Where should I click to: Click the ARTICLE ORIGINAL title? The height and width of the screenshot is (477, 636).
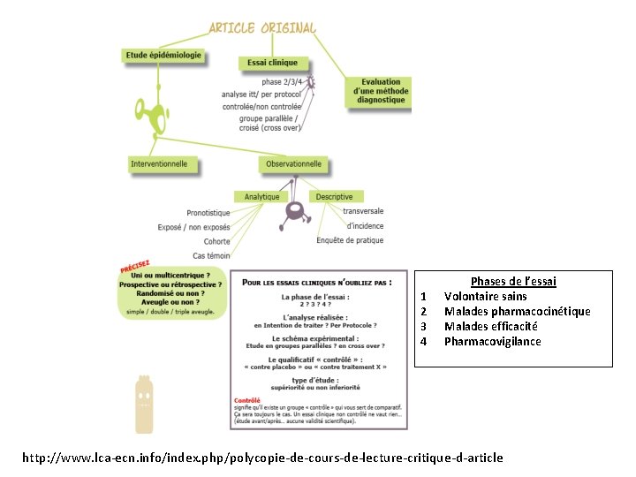point(261,27)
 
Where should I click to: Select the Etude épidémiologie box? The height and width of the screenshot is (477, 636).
point(163,55)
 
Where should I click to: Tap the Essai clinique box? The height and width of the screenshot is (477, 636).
point(274,63)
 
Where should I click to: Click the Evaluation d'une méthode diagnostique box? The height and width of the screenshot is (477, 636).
point(381,91)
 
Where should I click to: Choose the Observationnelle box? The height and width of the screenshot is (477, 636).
point(294,163)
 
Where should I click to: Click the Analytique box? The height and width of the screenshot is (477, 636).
point(261,196)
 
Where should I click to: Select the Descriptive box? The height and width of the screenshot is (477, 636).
point(334,196)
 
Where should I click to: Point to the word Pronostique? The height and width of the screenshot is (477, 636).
point(208,213)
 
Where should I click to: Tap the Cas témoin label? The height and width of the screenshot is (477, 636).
point(211,255)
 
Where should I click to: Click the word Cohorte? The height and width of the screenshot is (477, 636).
point(216,241)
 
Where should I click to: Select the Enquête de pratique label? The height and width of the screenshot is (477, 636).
point(350,240)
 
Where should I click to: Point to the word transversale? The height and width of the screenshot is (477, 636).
point(363,211)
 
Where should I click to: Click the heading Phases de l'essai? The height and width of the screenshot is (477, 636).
point(513,281)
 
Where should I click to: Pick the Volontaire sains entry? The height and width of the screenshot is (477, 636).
point(485,296)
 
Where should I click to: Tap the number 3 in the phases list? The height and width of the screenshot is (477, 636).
point(424,326)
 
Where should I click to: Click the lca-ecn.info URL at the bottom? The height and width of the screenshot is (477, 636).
point(262,457)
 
